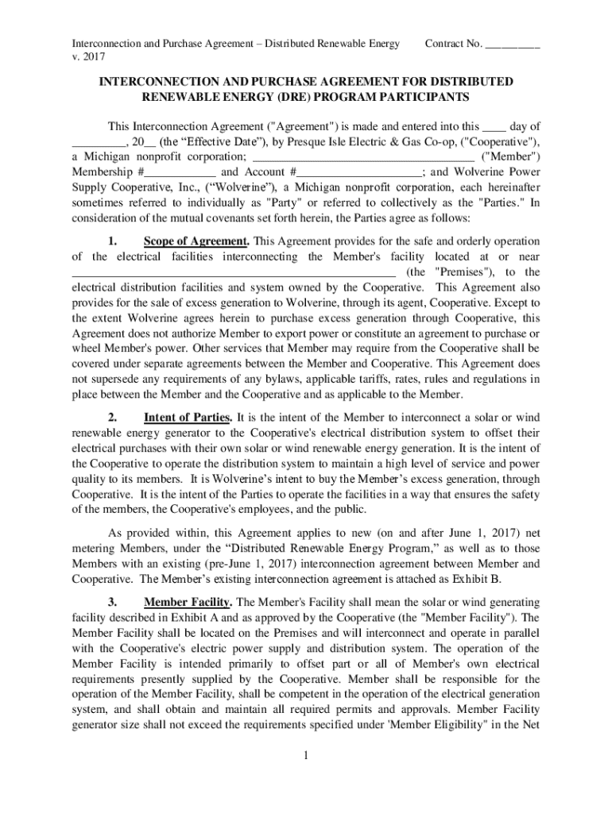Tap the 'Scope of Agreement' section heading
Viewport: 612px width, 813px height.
tap(196, 241)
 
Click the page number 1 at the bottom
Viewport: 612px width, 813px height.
tap(306, 753)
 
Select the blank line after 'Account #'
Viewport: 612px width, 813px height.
tap(360, 171)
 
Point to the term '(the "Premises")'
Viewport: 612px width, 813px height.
tap(445, 272)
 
